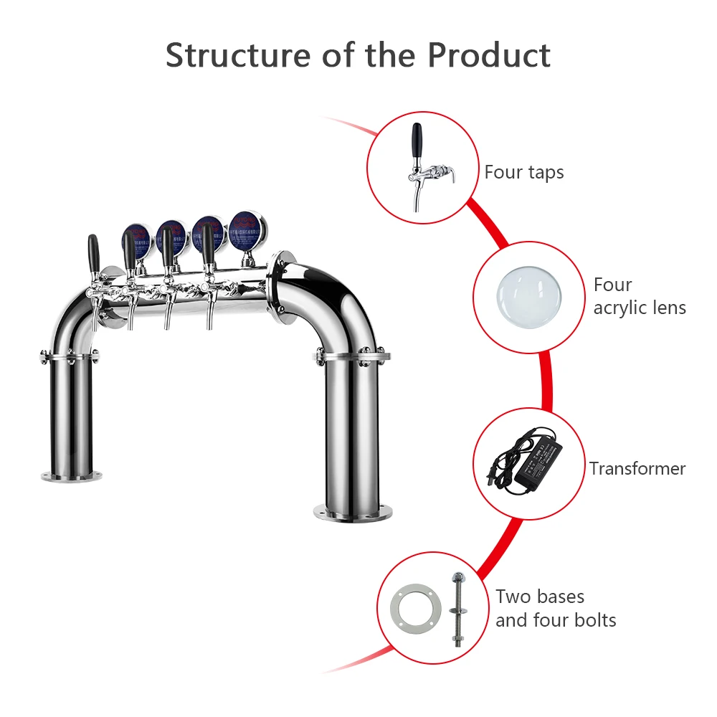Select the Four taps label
524,172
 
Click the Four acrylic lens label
640,296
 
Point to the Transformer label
637,468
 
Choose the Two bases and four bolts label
556,608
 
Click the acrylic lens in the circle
528,297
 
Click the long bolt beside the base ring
456,609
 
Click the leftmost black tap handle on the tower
93,255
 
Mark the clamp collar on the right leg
351,355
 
